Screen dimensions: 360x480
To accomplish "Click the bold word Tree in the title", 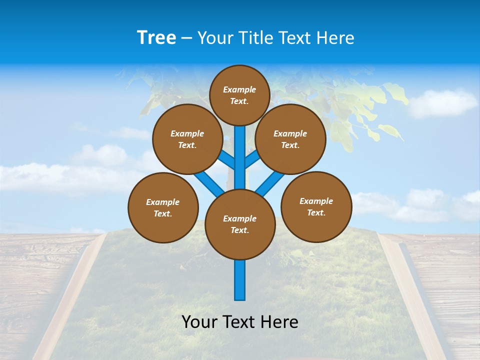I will coord(156,38).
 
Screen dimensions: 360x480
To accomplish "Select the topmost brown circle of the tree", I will coord(239,95).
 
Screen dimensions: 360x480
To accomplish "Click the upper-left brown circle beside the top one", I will coord(187,139).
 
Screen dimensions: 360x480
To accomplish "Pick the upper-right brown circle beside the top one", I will coord(290,139).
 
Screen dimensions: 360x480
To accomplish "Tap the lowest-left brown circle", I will coord(163,207).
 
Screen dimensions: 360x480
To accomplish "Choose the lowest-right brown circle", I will coord(316,206).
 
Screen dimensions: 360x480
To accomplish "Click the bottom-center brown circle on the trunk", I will coord(240,224).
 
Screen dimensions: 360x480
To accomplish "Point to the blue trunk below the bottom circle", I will coord(240,280).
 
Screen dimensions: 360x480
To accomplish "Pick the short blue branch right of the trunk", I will coord(252,159).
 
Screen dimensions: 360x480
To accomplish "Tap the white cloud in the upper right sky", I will coord(442,102).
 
